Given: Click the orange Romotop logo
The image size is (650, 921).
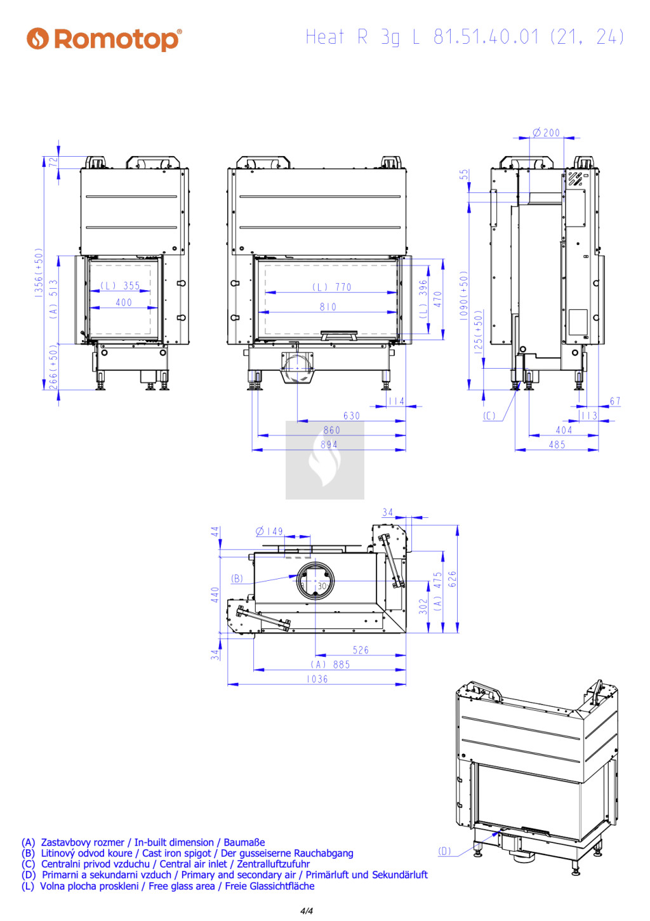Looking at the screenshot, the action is coord(104,39).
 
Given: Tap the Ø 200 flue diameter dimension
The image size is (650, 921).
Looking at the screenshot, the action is coord(546,133).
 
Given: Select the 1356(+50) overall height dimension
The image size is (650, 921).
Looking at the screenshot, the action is coord(39,272).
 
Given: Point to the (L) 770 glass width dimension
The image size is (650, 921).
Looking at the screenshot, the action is coord(332,287).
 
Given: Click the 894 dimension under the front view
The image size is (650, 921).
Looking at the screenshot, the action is coord(329,444).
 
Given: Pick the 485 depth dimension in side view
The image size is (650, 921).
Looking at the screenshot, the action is coord(557,444).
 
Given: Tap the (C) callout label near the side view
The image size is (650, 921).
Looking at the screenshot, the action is coord(489,416).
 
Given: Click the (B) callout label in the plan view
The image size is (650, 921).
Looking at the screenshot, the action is coord(237,578).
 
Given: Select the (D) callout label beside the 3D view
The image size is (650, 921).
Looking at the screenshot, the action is coord(444,851).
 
